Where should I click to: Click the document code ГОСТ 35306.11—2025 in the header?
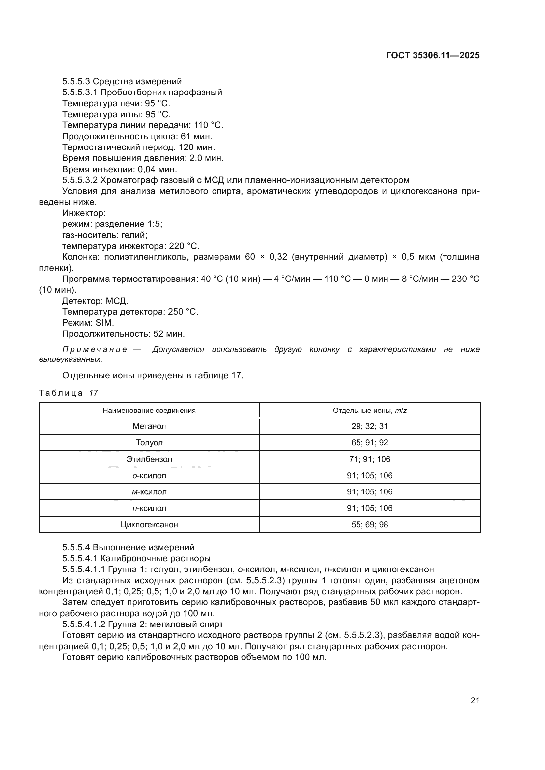coord(433,55)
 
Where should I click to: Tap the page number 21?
coord(475,700)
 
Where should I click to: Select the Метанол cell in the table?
coord(149,426)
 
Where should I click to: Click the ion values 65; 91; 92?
coord(369,443)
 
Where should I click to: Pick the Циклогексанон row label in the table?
coord(149,525)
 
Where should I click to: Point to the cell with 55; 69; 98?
coord(369,525)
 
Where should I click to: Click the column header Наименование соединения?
coord(149,411)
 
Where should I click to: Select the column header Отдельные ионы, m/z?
coord(369,411)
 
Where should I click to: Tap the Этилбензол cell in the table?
coord(149,459)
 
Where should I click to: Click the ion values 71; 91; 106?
coord(369,459)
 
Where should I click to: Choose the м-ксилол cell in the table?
coord(149,492)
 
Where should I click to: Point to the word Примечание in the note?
coord(95,350)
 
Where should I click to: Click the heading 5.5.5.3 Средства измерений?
coord(122,82)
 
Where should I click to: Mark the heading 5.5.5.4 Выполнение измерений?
coord(128,548)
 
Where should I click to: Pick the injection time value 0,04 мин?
coord(157,169)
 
